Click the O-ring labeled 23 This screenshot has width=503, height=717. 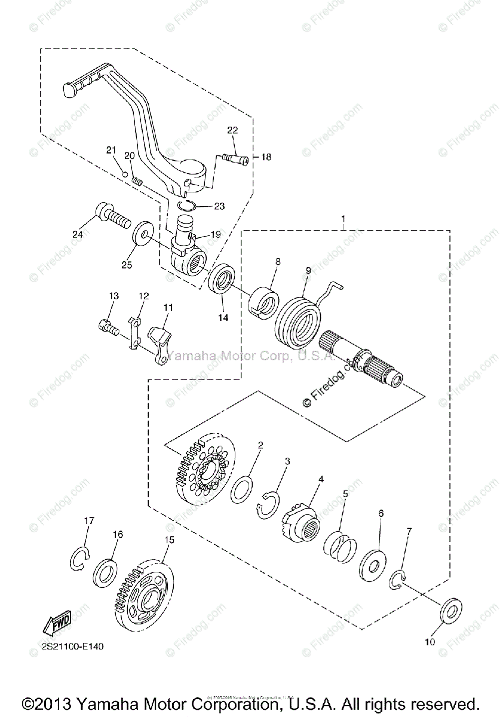188,206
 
